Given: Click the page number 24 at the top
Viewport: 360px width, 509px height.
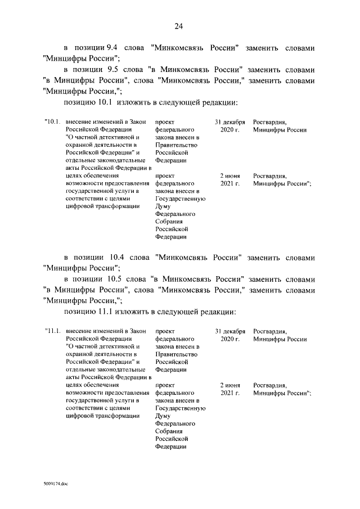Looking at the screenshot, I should coord(179,26).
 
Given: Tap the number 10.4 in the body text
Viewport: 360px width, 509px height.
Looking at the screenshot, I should coord(125,257).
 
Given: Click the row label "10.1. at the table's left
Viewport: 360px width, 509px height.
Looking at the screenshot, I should coord(52,121).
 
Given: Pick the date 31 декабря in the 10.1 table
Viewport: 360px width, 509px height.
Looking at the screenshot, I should coord(229,121).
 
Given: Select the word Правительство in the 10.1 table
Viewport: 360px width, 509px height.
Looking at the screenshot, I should coord(175,145).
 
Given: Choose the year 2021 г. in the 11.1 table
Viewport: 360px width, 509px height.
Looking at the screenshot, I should coord(230,393).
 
